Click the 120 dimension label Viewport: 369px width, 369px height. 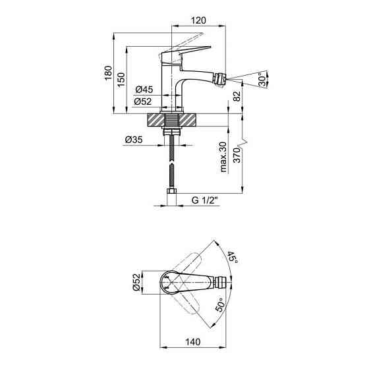click(198, 20)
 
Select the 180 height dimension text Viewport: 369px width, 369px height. click(108, 72)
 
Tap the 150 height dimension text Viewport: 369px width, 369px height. click(121, 80)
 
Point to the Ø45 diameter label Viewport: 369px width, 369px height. click(144, 90)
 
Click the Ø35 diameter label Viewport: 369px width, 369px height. click(134, 140)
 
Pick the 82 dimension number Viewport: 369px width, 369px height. click(237, 96)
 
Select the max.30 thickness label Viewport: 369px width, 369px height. click(223, 157)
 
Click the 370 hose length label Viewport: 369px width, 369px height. click(237, 156)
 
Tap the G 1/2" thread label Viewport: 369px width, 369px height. click(205, 200)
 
